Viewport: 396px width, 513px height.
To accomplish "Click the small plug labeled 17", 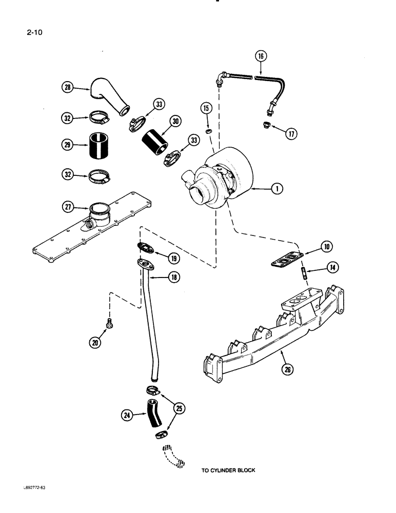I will (x=267, y=126).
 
